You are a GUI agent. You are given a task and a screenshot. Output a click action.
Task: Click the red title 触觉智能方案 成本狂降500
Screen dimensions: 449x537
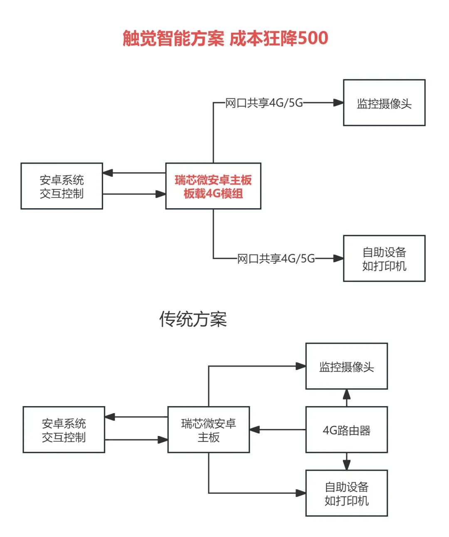(x=225, y=38)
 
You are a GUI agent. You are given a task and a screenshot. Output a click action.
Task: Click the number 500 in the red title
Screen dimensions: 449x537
(x=313, y=38)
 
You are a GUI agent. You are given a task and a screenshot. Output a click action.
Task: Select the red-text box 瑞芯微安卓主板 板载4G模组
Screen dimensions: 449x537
(x=213, y=186)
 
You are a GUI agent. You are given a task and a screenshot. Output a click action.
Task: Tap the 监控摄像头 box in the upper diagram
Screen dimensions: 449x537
(x=384, y=103)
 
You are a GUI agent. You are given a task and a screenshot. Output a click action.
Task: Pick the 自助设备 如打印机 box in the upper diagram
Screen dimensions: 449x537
(x=384, y=259)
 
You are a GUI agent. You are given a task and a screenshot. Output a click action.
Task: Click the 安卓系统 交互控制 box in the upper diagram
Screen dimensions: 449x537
(x=62, y=186)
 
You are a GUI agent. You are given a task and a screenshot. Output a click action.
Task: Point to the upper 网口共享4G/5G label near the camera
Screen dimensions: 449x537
(x=264, y=103)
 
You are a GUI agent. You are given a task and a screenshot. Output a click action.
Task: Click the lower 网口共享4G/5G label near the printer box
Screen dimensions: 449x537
(x=276, y=259)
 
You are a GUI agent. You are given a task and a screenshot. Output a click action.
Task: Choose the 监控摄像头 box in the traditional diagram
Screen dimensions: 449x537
(x=347, y=366)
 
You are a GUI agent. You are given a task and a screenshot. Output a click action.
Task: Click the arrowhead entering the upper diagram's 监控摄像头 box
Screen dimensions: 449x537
(x=338, y=103)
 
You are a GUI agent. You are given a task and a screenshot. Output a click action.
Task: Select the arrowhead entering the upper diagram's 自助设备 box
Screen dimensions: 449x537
(x=338, y=259)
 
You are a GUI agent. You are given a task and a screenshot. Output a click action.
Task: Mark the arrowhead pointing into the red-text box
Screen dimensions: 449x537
(x=160, y=194)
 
